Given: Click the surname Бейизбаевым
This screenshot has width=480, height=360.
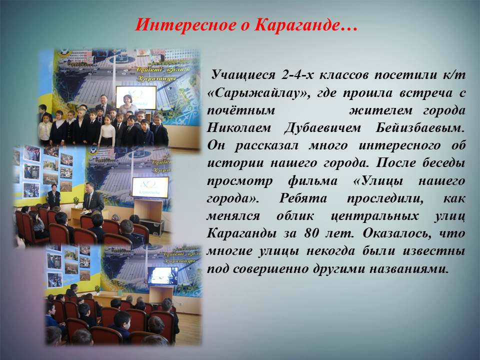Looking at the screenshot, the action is pos(420,127).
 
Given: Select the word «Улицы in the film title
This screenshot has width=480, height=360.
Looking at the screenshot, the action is pos(378,181).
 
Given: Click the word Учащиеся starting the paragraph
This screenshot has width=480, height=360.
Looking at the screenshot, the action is pos(243,75).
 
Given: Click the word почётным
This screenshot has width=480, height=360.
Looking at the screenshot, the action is pos(241,110).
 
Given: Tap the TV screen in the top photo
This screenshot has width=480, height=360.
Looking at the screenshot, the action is pos(136,97).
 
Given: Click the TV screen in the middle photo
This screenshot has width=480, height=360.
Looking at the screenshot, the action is pos(150,187).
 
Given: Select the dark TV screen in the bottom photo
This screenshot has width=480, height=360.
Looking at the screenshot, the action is pos(162,275).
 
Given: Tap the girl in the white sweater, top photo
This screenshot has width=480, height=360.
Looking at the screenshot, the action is pos(107,130).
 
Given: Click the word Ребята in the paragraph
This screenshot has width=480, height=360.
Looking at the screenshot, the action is pos(303,198).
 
